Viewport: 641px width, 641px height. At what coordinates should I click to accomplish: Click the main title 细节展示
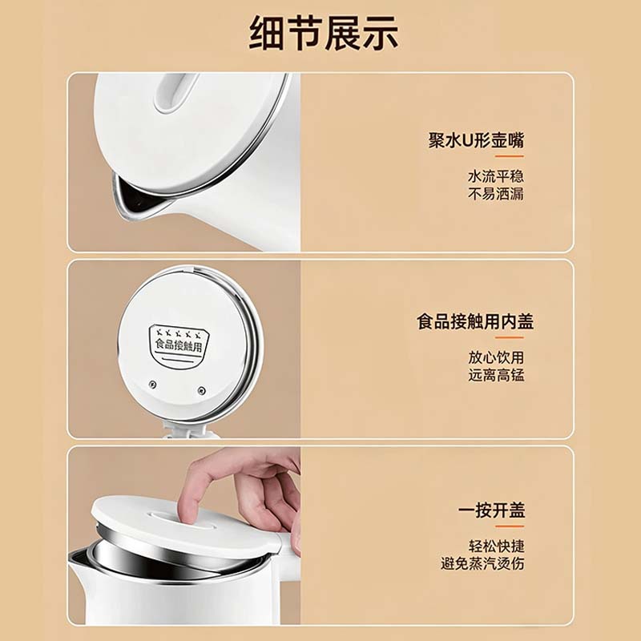pos(324,33)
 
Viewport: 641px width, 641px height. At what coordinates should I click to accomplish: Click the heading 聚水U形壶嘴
pos(476,140)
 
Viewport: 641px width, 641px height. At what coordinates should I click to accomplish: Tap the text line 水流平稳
pos(496,176)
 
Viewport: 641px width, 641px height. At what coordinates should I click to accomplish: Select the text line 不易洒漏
pos(496,194)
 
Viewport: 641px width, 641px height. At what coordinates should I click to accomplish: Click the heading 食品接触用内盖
pos(475,322)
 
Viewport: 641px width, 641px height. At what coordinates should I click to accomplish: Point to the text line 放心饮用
pos(496,357)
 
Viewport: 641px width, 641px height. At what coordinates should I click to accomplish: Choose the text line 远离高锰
pos(496,375)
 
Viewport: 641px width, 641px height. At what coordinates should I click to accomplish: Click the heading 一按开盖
pos(491,510)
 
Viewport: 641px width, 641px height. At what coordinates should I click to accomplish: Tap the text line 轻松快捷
pos(496,546)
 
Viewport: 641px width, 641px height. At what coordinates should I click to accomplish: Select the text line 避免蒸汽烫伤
pos(482,564)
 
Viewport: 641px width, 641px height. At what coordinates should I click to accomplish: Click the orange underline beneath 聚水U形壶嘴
pos(510,156)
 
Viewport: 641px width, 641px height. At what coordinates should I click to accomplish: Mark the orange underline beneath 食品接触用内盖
pos(510,337)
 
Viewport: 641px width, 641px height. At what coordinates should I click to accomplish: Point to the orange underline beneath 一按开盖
pos(510,526)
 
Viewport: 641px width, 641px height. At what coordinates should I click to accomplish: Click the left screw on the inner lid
pos(153,385)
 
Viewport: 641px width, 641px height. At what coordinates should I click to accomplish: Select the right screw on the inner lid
pos(201,390)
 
